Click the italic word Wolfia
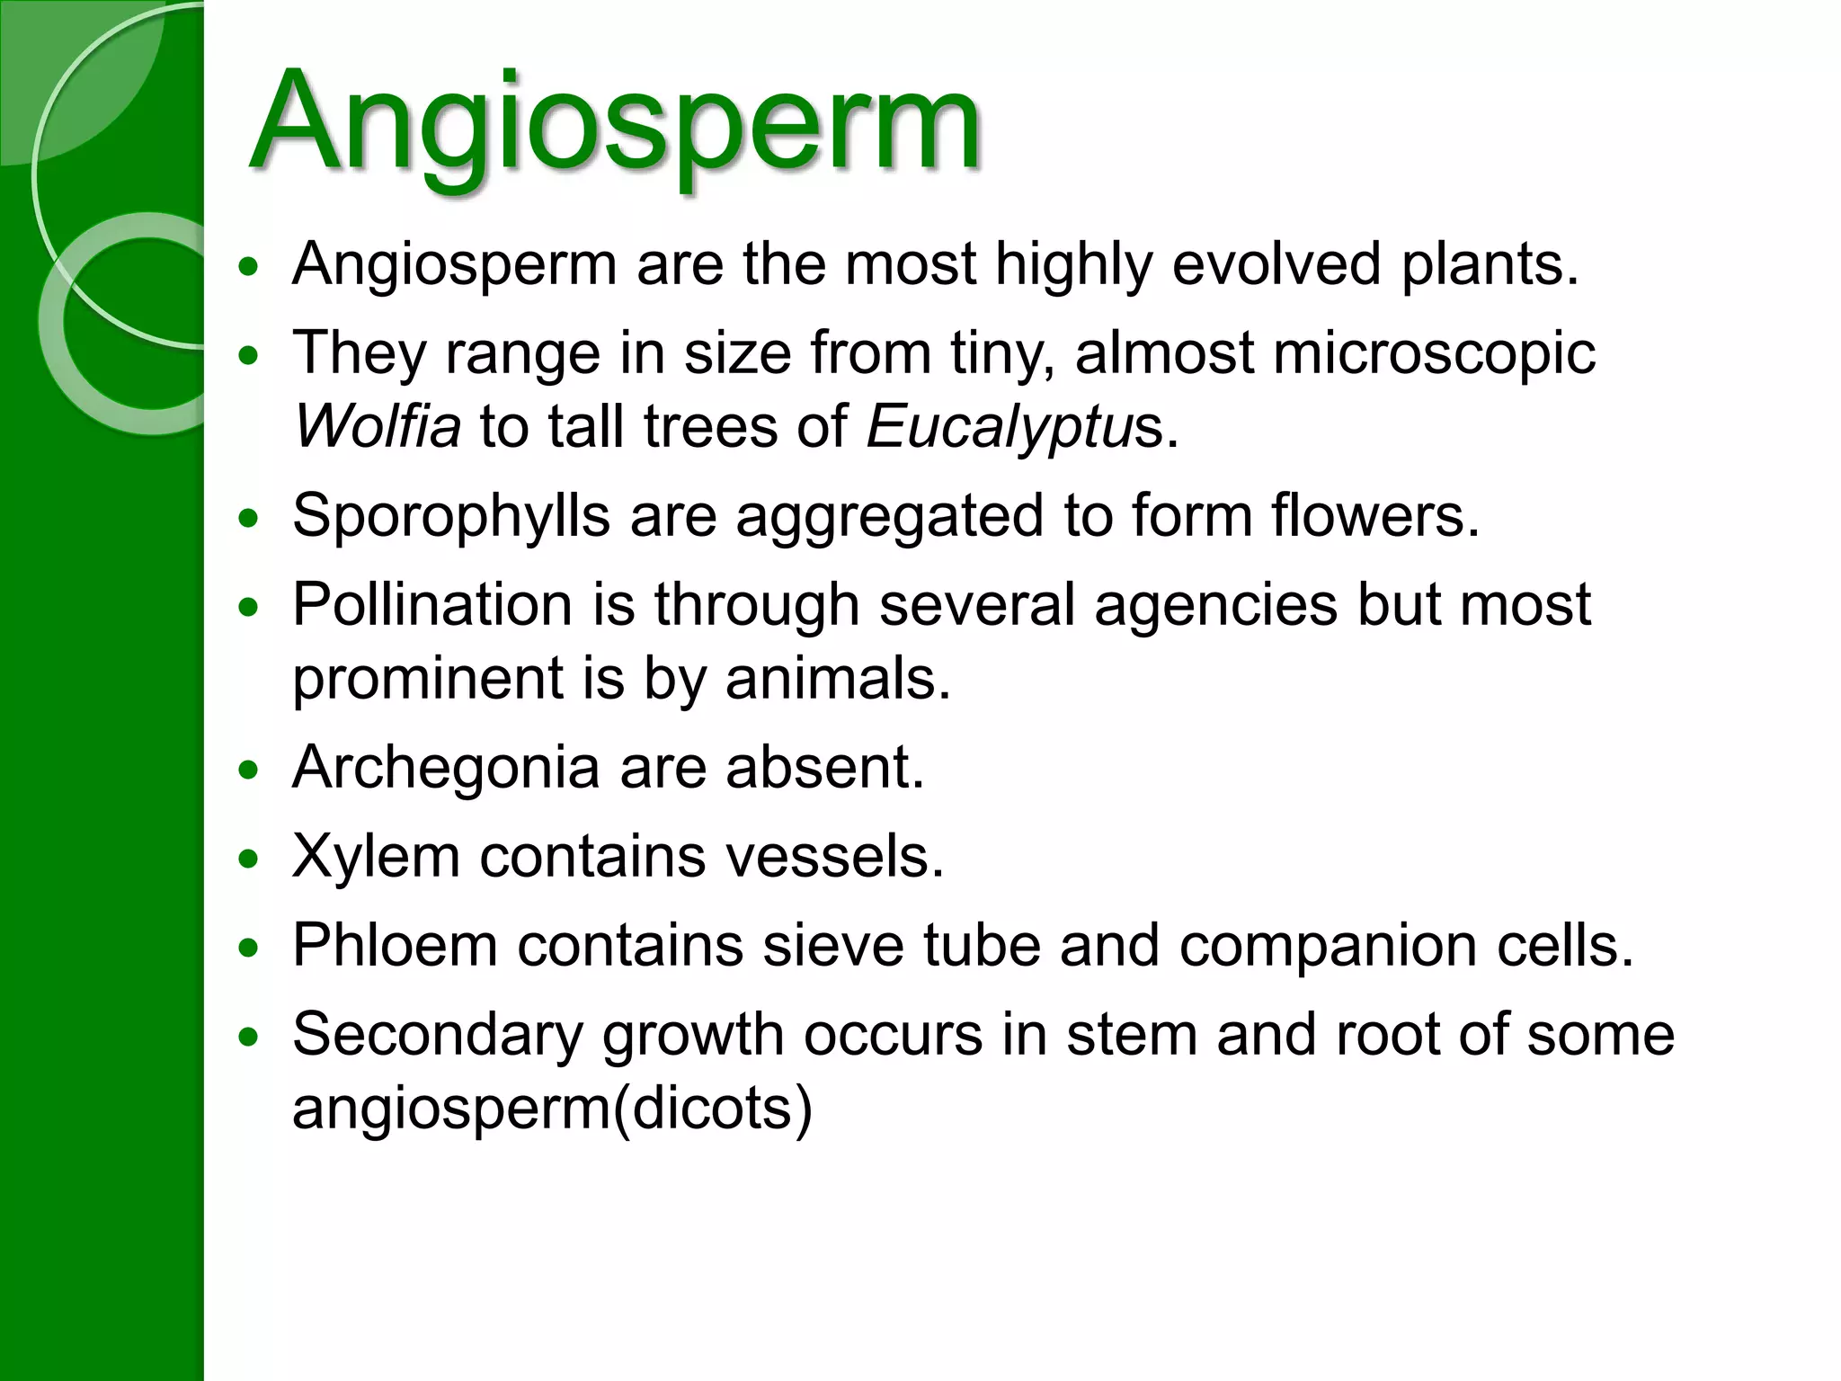(x=378, y=426)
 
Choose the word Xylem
(x=376, y=856)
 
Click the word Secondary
(x=438, y=1034)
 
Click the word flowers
(x=1374, y=516)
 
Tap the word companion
(x=1329, y=945)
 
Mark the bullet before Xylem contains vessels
(x=249, y=859)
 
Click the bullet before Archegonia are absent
(x=249, y=770)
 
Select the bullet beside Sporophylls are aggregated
(x=249, y=519)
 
